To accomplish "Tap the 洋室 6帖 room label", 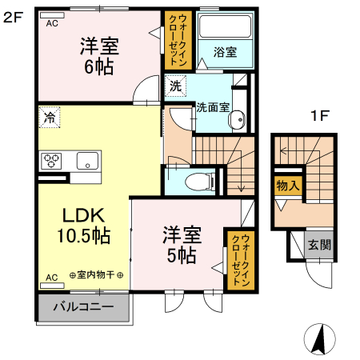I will [x=100, y=55].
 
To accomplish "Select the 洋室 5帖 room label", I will [x=182, y=245].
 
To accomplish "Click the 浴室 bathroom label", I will [x=225, y=52].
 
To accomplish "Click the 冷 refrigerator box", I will [x=50, y=116].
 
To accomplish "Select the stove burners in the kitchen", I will [x=53, y=159].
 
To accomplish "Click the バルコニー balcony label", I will [x=82, y=306].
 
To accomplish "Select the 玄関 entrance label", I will [x=319, y=246].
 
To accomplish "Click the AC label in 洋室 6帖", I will [x=52, y=23].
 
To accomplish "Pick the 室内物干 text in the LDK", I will [x=96, y=276].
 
